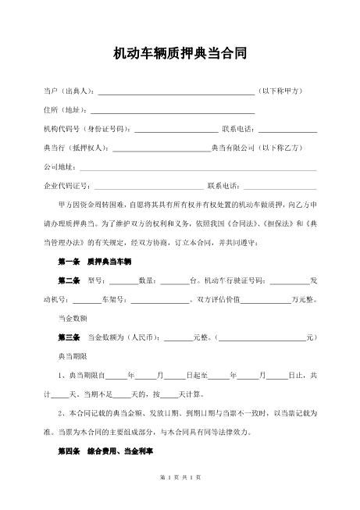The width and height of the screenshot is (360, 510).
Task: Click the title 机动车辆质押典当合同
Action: [180, 54]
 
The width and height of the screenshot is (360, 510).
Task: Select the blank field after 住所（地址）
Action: [173, 110]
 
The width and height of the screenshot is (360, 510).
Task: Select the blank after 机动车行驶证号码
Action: [290, 280]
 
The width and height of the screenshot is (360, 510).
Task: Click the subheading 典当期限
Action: [73, 355]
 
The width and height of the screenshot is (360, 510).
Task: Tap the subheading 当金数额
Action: [73, 318]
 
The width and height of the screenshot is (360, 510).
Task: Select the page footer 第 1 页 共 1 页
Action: [180, 498]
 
